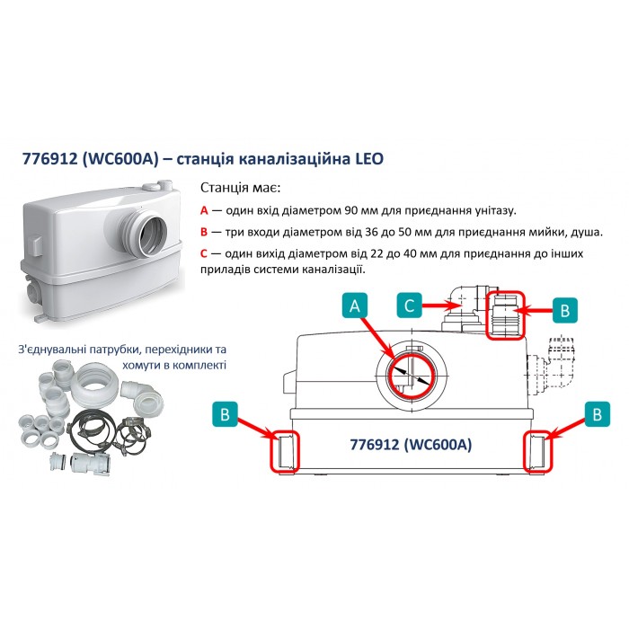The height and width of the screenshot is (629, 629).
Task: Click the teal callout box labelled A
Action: tap(355, 306)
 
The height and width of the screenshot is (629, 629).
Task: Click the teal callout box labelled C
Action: tap(409, 306)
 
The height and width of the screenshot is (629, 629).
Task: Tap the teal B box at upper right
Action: tap(565, 310)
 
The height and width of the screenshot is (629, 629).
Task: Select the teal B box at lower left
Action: tap(225, 414)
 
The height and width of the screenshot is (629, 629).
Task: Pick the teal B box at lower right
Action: tap(597, 414)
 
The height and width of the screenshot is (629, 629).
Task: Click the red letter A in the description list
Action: tap(204, 210)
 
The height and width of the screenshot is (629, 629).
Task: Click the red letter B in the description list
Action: tap(204, 232)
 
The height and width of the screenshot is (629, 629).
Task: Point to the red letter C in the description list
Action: tap(204, 253)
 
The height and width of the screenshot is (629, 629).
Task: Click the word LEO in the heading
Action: tap(369, 159)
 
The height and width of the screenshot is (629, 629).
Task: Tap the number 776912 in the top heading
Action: tap(49, 159)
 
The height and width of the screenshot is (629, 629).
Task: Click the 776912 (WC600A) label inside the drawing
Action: tap(412, 445)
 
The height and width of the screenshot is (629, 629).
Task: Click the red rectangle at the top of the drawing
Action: tap(505, 292)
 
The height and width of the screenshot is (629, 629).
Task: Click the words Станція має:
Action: tap(240, 188)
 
